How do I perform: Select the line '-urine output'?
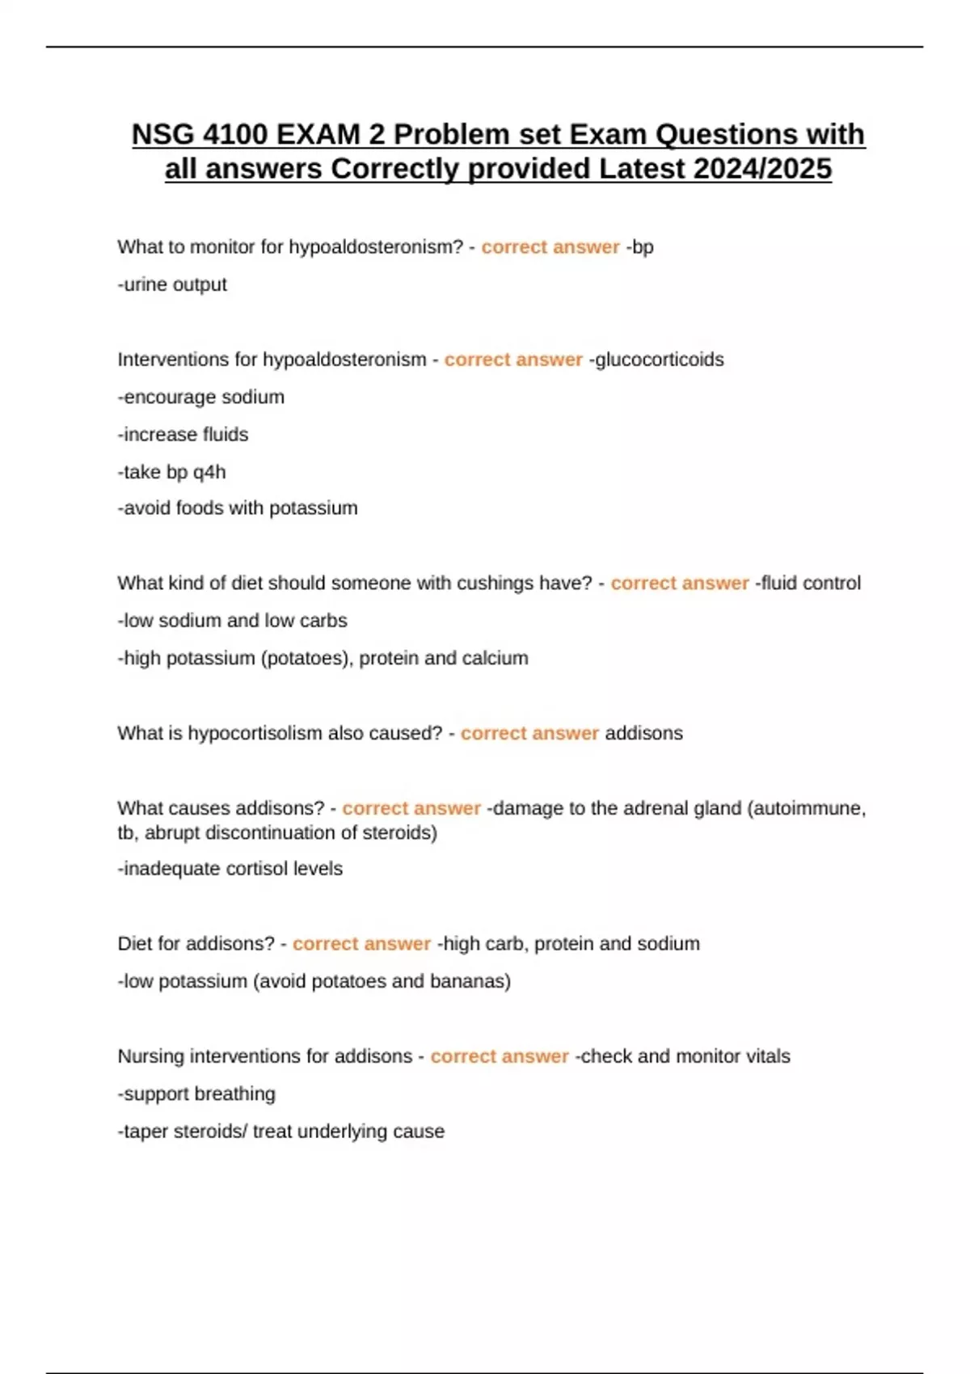[172, 284]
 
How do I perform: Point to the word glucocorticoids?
[659, 360]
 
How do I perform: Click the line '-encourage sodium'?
[201, 397]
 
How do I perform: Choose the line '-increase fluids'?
[183, 434]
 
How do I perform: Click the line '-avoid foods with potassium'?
[238, 508]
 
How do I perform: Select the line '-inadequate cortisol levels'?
[230, 869]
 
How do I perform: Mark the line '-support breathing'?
[196, 1094]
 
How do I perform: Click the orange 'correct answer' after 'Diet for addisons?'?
[361, 944]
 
